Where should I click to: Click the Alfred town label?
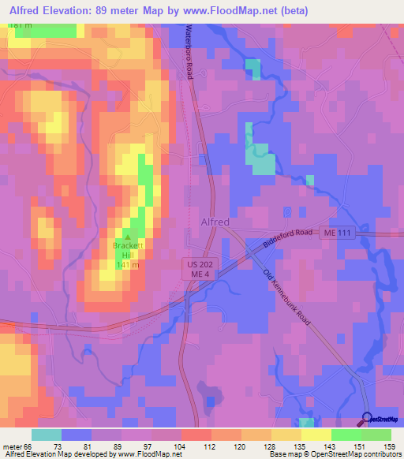tap(215, 222)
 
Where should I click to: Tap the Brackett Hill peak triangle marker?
tap(129, 236)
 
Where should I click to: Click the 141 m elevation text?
tap(128, 265)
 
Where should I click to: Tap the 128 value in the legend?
tap(269, 446)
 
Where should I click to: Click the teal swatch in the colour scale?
tap(47, 435)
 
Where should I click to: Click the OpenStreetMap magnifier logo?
tap(368, 418)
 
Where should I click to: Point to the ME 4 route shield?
tap(196, 273)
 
